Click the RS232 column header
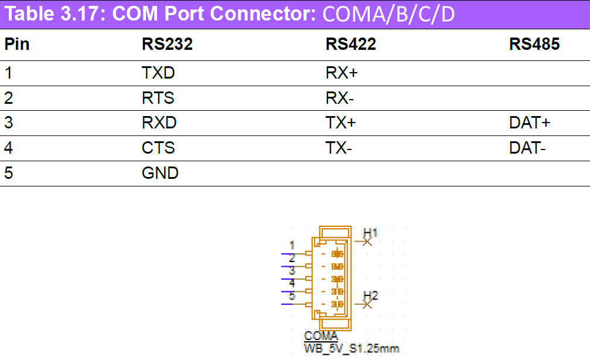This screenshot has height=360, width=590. (x=167, y=45)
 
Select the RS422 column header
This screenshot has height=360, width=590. (x=350, y=45)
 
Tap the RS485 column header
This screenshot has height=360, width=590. (x=534, y=45)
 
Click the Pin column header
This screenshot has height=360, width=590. (x=17, y=45)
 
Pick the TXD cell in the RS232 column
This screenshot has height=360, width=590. (x=158, y=73)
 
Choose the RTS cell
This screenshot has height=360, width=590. (x=158, y=98)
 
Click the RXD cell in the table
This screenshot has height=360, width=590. (x=159, y=123)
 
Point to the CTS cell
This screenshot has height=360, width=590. (x=158, y=148)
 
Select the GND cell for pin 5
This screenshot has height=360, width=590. (x=160, y=174)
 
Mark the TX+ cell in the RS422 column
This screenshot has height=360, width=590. (x=340, y=123)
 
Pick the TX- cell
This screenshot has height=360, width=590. (x=339, y=148)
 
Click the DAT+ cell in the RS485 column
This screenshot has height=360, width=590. (x=530, y=123)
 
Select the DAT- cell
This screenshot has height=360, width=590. (x=527, y=148)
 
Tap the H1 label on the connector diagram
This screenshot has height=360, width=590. (x=370, y=233)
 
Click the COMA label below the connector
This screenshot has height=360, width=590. (x=320, y=337)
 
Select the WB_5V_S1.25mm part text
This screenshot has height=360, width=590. (x=351, y=349)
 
